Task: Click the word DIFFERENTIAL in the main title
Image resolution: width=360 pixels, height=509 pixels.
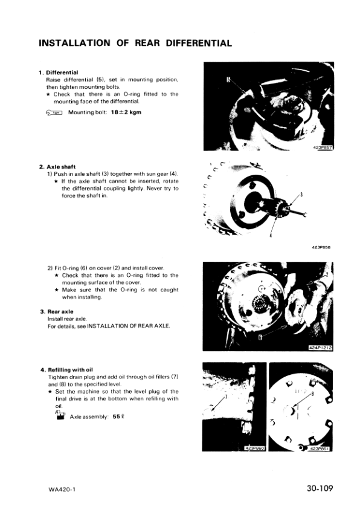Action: pos(199,43)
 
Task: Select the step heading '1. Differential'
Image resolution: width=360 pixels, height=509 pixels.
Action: pos(59,73)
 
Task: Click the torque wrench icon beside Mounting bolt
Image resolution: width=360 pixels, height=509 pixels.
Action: pos(54,112)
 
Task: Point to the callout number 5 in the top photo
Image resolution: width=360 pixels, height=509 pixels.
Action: pos(228,80)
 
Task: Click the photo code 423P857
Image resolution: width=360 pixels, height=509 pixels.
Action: pos(323,148)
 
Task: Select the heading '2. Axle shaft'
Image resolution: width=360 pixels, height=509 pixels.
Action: pos(57,167)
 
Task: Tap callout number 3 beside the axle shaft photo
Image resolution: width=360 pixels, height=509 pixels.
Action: pos(301,195)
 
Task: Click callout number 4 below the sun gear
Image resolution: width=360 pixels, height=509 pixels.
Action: pos(270,235)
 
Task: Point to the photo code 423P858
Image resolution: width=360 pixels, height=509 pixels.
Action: pos(321,247)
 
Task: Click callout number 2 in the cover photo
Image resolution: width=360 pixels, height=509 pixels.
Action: pos(327,274)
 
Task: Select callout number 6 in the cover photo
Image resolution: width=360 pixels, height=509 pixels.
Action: pos(260,338)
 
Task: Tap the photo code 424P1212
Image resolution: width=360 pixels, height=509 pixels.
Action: pos(320,348)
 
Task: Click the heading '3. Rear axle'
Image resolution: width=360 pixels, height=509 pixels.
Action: pos(57,312)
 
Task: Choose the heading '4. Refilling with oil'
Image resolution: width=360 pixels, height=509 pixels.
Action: pos(66,370)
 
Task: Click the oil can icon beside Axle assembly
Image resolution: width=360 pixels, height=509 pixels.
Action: pos(60,416)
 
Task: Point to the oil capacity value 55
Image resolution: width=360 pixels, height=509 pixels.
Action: pos(117,417)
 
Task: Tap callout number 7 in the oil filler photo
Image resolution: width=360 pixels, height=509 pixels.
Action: pos(226,397)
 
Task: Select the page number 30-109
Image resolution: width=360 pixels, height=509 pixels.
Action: pos(320,488)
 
